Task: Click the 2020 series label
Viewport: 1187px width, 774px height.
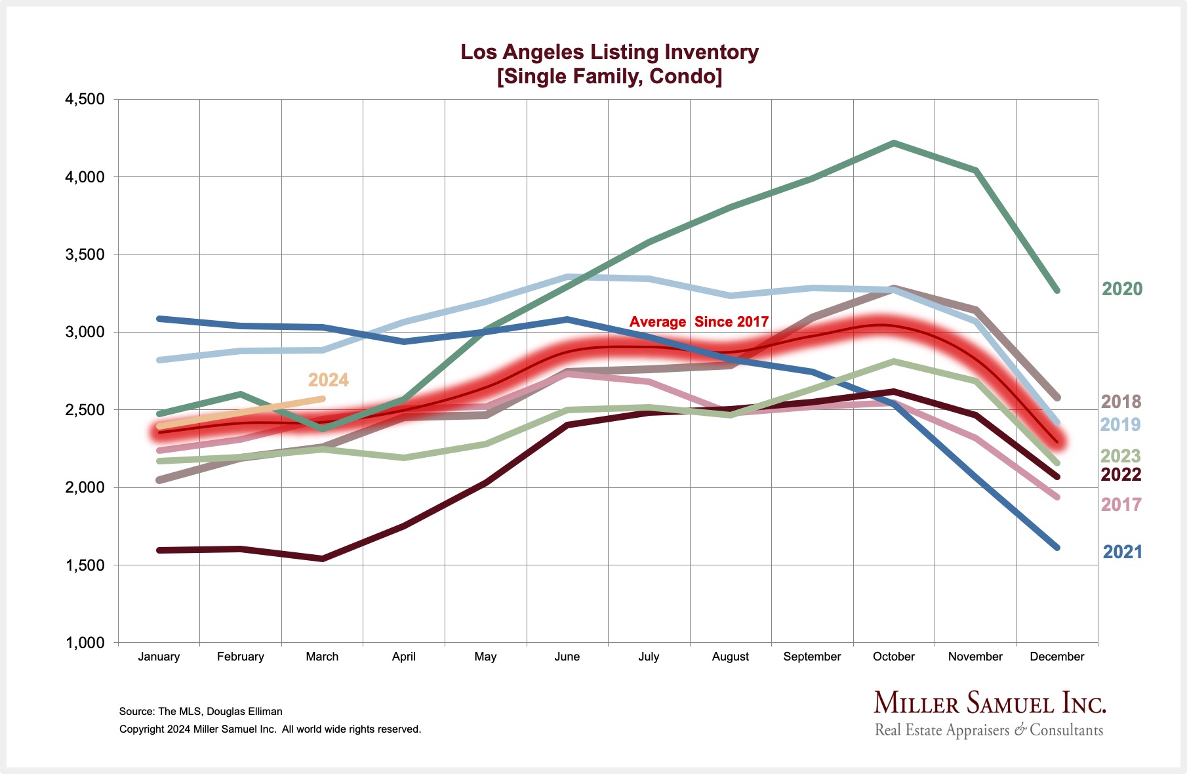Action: click(1121, 289)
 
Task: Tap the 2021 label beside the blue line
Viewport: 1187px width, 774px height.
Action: click(1122, 552)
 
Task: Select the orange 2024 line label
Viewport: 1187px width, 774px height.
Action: click(328, 380)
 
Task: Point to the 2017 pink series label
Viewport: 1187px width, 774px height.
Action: click(1121, 505)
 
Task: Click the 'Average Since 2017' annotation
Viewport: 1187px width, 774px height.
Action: click(698, 322)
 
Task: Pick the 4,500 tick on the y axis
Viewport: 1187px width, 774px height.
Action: click(85, 100)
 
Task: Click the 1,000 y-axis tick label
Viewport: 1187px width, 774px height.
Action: click(85, 643)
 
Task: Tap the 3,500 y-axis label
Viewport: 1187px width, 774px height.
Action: click(85, 255)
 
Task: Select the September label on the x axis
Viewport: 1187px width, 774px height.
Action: click(812, 657)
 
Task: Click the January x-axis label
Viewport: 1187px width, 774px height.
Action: click(159, 657)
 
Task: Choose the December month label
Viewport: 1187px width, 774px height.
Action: click(1056, 657)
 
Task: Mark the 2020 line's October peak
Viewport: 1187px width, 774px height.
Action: click(894, 143)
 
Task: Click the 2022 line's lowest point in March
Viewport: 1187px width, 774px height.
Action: click(323, 559)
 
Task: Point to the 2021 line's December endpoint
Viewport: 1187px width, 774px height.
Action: click(1056, 547)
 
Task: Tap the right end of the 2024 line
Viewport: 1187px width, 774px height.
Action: click(322, 399)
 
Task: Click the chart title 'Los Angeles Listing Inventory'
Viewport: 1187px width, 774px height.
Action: click(609, 52)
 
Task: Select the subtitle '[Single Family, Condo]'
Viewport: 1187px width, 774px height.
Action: click(609, 77)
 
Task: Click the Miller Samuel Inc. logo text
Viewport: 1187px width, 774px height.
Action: click(990, 704)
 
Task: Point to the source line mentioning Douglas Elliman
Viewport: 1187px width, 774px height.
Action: click(201, 712)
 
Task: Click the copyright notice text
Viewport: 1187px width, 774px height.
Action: click(270, 729)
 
